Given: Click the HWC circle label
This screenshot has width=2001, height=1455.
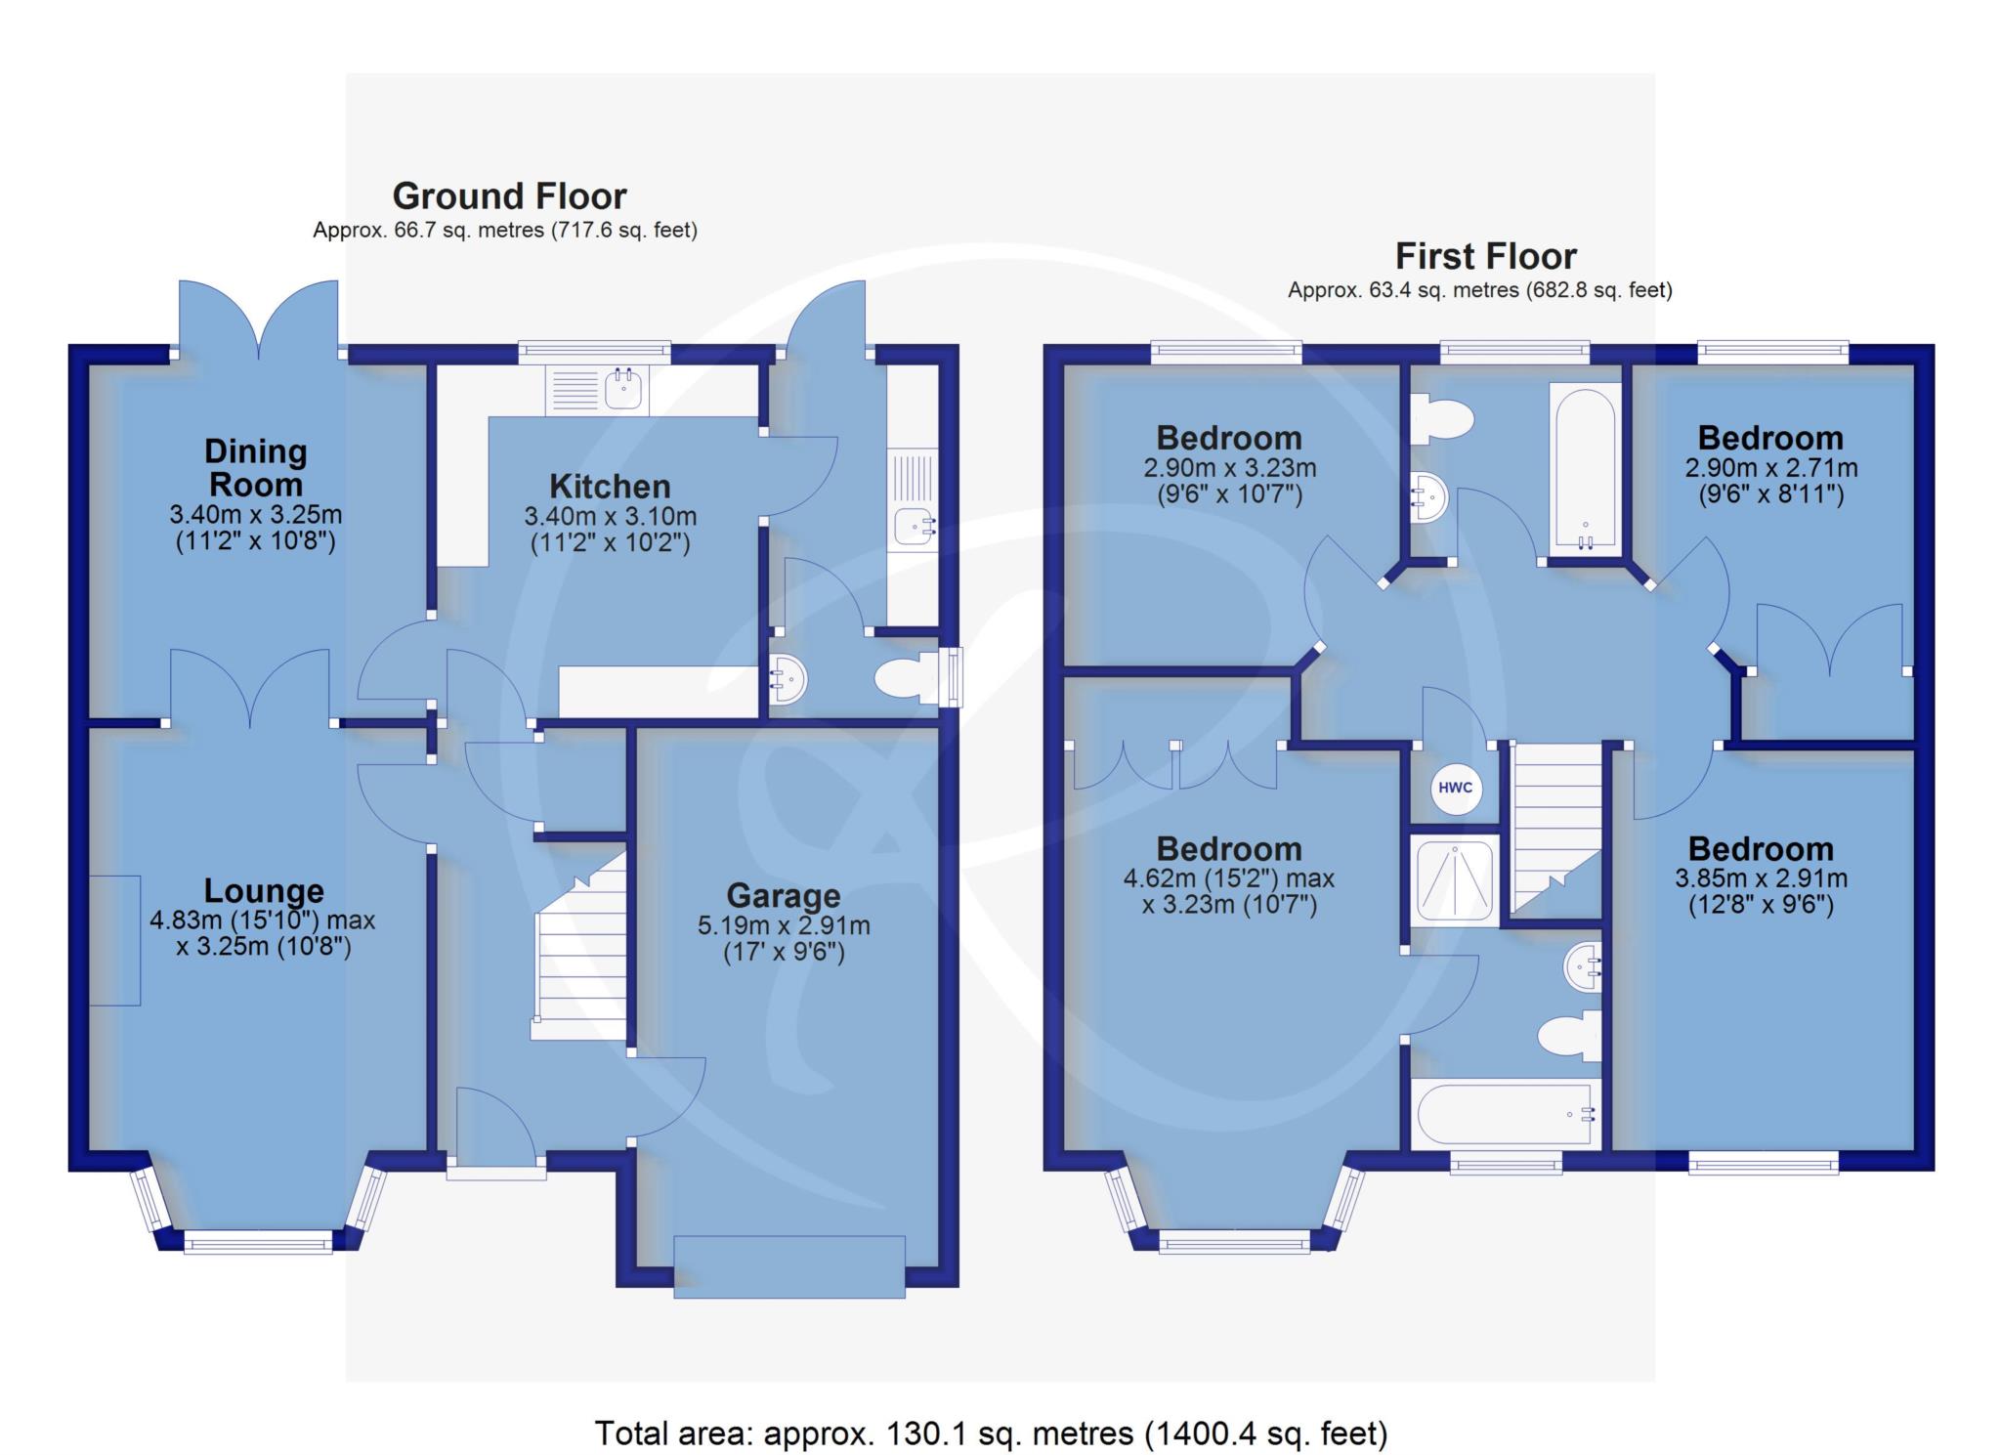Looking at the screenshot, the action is tap(1456, 788).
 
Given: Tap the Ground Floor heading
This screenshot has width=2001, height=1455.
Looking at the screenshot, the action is tap(509, 196).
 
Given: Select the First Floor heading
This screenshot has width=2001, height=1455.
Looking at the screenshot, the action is tap(1485, 256).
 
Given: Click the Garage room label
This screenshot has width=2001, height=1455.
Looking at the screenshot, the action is tap(784, 896).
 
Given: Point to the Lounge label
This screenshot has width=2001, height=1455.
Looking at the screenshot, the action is tap(264, 891).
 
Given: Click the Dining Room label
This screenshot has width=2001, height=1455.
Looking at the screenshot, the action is tap(256, 468).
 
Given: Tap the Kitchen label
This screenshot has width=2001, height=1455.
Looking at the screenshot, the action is tap(610, 487).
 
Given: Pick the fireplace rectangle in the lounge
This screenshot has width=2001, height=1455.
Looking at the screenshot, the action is tap(115, 940).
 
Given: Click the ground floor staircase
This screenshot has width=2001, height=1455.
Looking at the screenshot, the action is tap(579, 945).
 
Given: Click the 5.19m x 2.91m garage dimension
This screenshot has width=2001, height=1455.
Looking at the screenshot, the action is tap(784, 925).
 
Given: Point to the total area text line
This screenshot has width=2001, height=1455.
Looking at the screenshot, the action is tap(991, 1433).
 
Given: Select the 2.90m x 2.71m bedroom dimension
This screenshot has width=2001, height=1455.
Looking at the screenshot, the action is tap(1770, 468).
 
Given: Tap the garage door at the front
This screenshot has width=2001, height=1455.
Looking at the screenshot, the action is tap(789, 1267).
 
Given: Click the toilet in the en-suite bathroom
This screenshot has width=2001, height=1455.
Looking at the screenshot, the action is tap(1569, 1035).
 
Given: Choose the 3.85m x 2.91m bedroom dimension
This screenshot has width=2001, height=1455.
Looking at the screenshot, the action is tap(1761, 878).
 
